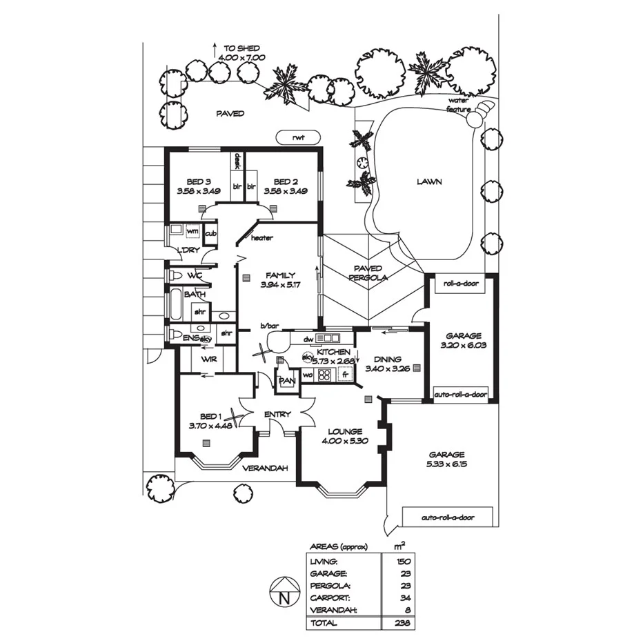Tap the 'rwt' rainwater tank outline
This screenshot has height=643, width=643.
click(297, 137)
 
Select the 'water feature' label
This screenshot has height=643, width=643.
click(458, 105)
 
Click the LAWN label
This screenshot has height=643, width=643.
click(428, 182)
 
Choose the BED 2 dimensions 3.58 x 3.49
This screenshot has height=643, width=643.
click(285, 191)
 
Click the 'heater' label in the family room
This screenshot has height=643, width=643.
click(261, 238)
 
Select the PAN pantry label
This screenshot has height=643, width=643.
click(286, 380)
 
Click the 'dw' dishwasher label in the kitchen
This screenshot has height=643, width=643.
click(309, 339)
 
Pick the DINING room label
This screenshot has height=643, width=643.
click(387, 359)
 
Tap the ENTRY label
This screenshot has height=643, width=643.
click(277, 415)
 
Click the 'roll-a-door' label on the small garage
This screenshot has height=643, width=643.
click(461, 283)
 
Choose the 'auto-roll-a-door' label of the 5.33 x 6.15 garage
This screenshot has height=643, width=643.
click(457, 517)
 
